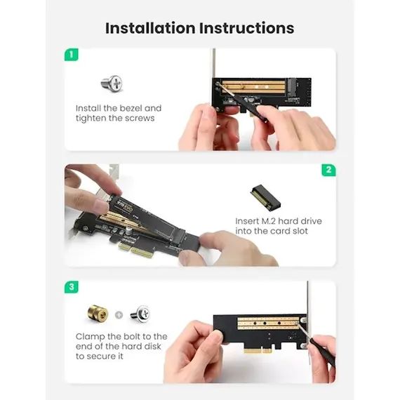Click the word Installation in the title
[x=149, y=28]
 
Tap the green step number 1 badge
[x=71, y=54]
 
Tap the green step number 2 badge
[x=328, y=171]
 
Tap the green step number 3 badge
[x=71, y=287]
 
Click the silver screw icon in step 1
[x=112, y=85]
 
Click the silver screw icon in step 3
[x=140, y=314]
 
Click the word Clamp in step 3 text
[x=91, y=337]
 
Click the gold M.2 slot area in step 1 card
[x=255, y=88]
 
